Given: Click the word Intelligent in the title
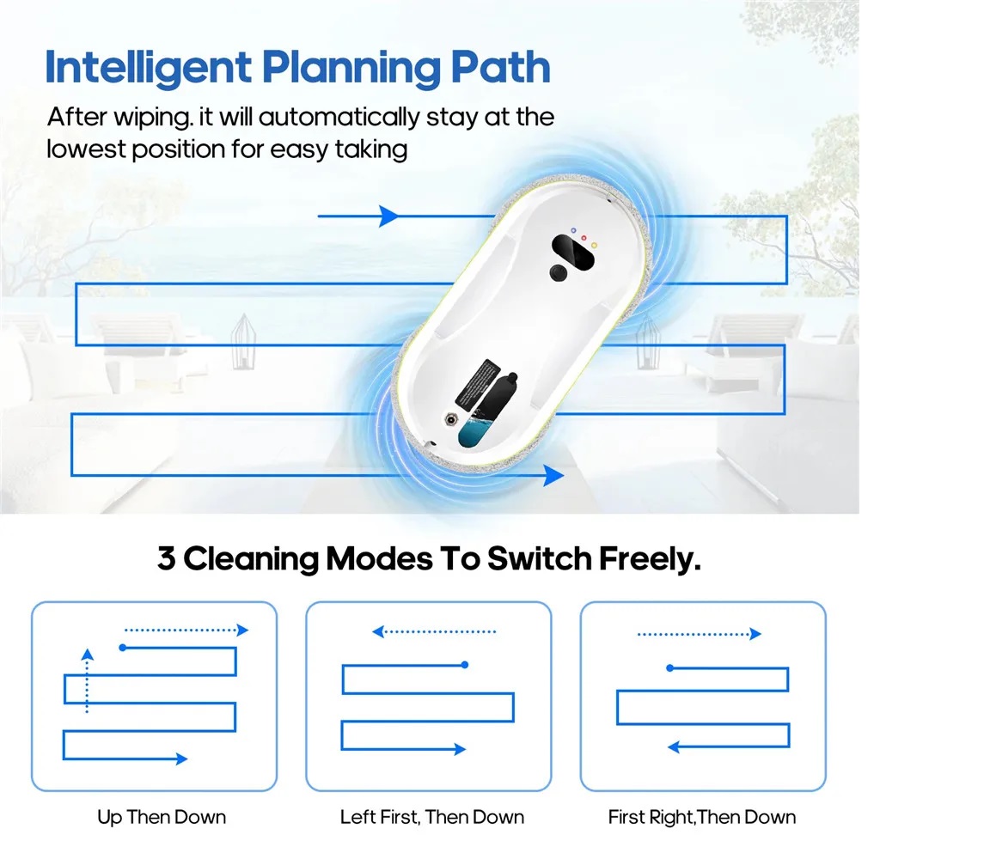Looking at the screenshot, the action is [149, 68].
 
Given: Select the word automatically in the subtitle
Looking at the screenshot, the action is [339, 118].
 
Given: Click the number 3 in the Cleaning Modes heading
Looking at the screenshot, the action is [166, 558].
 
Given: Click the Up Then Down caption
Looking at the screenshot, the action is [162, 818].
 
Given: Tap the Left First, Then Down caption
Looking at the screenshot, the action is [432, 818].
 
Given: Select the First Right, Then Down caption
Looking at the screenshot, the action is [701, 818].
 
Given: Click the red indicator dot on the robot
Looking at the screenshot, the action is [584, 238].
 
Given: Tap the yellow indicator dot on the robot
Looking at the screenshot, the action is [594, 246].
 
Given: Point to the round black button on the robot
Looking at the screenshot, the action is [558, 272].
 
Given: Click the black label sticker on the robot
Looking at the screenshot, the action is [477, 384].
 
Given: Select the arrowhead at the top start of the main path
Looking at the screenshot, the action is [389, 216].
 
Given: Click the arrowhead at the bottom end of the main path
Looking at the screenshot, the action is [553, 475].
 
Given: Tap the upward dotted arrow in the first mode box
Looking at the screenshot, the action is [87, 680].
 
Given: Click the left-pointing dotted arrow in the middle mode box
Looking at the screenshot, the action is [434, 631].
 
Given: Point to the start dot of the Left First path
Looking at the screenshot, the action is [465, 665].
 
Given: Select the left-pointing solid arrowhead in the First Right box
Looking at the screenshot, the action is [673, 747].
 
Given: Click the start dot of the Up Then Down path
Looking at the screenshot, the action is [123, 648].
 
